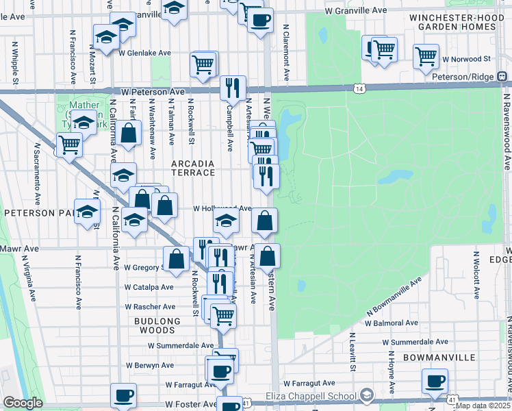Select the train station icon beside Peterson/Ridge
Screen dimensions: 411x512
click(x=502, y=77)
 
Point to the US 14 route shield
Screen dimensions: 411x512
click(x=359, y=88)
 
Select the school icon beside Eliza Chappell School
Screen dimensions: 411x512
click(x=367, y=395)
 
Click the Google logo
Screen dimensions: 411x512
click(x=23, y=403)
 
